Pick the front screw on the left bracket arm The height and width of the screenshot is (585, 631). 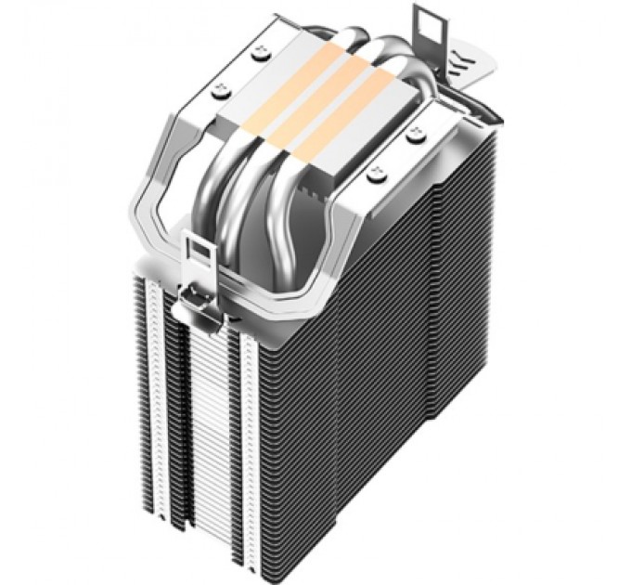[x=222, y=89]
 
